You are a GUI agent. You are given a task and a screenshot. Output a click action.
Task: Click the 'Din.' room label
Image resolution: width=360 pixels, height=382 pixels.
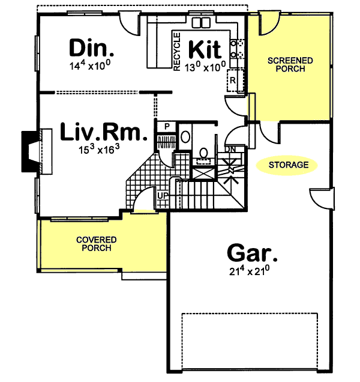[91, 47]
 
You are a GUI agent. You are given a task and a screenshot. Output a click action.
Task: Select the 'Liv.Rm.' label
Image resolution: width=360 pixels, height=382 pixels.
[103, 133]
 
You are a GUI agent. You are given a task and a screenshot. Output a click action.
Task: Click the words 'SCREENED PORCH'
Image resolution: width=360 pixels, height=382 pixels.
[290, 64]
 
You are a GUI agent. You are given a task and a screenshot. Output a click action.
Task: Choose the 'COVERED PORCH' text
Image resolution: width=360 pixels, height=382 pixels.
[96, 244]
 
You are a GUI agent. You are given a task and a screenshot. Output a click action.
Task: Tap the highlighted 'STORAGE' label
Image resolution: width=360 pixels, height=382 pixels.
[289, 165]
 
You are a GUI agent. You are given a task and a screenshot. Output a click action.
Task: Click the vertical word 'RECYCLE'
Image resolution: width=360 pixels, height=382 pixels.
[177, 52]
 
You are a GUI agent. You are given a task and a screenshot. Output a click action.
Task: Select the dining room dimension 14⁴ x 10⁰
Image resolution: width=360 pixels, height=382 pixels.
[91, 64]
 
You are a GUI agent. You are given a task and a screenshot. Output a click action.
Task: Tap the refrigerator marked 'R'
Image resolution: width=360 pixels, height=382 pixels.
[232, 80]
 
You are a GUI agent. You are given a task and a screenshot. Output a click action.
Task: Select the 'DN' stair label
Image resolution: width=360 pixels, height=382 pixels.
[230, 149]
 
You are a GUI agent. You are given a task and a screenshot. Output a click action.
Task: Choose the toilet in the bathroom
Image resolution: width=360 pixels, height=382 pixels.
[185, 136]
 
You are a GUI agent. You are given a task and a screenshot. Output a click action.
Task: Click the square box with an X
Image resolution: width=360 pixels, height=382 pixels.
[202, 171]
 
